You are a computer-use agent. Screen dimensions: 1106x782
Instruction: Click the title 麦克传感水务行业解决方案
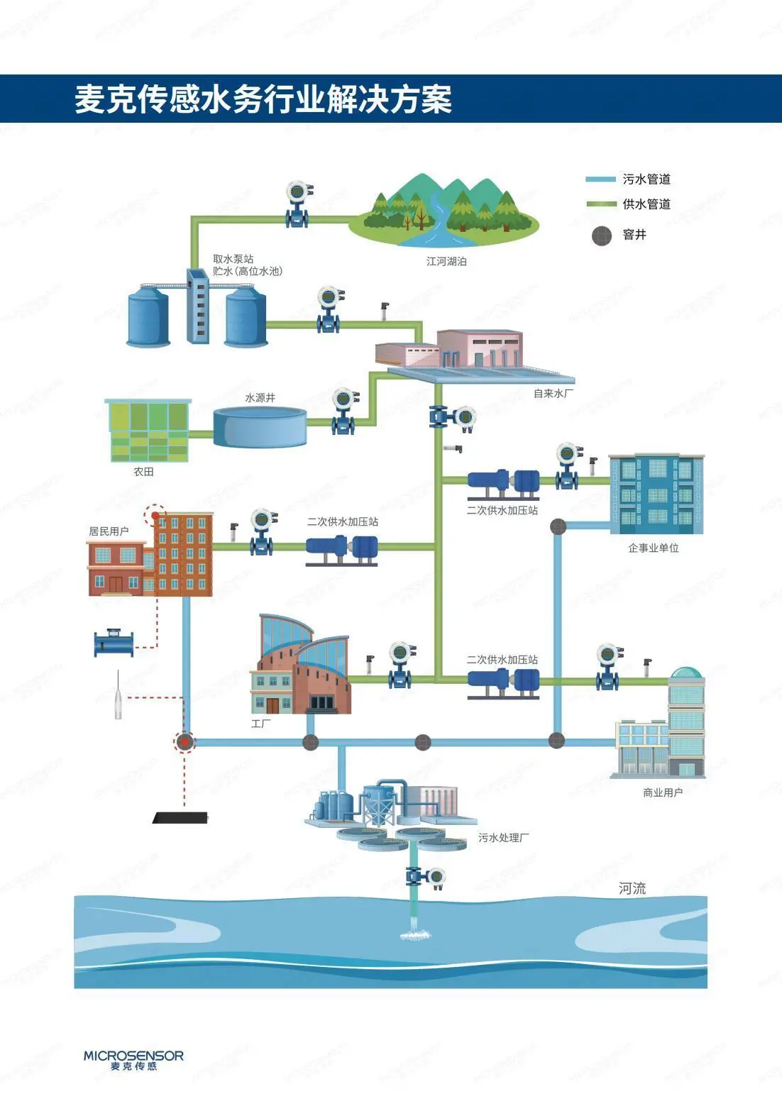[263, 99]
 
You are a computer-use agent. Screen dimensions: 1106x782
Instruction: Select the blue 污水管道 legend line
[600, 179]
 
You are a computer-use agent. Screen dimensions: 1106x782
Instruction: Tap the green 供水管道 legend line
[600, 204]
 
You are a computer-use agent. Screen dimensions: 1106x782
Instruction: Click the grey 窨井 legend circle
[602, 235]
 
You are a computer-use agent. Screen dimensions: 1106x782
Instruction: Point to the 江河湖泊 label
[446, 262]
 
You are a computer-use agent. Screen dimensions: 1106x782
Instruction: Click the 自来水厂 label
[554, 393]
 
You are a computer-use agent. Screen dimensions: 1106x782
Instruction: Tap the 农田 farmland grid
[149, 431]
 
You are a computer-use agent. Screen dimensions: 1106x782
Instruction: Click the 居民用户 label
[109, 531]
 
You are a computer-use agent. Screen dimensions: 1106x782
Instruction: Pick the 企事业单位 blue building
[656, 494]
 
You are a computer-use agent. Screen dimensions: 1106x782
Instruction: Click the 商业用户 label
[663, 792]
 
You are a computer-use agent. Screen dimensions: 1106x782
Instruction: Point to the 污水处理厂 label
[503, 838]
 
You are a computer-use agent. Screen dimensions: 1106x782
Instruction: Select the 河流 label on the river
[632, 888]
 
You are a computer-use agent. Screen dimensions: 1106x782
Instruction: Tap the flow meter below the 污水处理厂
[425, 877]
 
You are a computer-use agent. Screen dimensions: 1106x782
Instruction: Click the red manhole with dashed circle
[185, 742]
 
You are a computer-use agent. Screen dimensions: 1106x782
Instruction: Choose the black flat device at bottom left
[181, 817]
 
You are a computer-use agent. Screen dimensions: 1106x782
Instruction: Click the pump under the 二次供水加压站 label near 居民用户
[342, 550]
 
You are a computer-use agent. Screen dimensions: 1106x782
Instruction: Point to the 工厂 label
[260, 724]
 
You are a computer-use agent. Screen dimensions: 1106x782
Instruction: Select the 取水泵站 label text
[233, 259]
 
